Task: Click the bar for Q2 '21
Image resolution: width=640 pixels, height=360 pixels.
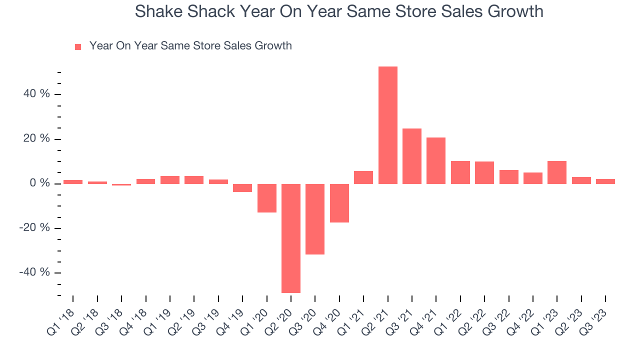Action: tap(387, 125)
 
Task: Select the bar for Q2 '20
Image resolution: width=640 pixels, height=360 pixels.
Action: tap(291, 238)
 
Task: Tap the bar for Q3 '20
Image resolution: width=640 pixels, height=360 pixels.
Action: tap(315, 219)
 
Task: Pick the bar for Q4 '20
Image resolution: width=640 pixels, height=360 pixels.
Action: tap(339, 203)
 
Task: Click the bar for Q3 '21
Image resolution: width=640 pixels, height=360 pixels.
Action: tap(412, 156)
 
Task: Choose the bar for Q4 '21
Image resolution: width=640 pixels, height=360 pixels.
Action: tap(436, 160)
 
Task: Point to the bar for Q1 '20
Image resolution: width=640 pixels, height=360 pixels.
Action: tap(267, 198)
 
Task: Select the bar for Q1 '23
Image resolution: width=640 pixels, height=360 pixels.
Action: tap(557, 172)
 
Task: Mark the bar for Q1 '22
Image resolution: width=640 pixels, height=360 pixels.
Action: tap(460, 172)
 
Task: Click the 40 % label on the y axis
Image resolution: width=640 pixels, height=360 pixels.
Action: tap(37, 94)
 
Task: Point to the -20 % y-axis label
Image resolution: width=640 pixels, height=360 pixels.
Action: tap(35, 228)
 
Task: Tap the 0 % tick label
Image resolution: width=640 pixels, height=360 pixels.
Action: tap(39, 183)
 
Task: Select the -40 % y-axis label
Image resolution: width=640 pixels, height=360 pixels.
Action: tap(35, 272)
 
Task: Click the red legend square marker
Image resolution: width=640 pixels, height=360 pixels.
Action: tap(78, 47)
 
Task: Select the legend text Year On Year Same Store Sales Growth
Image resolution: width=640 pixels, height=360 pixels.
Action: tap(190, 46)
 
